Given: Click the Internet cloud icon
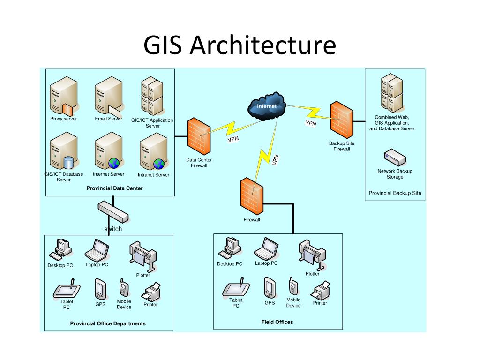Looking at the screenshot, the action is (x=267, y=106).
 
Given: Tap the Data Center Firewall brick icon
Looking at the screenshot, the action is (x=199, y=136).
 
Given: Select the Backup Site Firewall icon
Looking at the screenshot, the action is (x=342, y=120).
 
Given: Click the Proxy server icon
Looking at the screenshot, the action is (x=64, y=96).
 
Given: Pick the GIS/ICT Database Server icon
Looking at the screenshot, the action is (x=64, y=151).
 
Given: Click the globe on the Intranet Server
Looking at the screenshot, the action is (x=159, y=164).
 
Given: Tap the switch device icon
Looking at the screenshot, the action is (x=113, y=211).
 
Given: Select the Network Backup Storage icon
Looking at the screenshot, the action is (x=395, y=157).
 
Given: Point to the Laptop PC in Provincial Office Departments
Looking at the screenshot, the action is (x=97, y=250).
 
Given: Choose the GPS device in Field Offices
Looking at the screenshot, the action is (x=270, y=287).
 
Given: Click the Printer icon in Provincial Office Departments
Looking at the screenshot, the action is (x=151, y=292).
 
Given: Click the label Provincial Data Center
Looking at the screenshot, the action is (x=114, y=188).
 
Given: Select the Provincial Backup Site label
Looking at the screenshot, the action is (x=395, y=193).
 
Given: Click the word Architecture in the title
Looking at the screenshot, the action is (x=263, y=45).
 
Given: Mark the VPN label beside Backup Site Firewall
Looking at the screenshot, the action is (x=311, y=123).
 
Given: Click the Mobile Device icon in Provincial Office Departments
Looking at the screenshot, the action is (x=124, y=288).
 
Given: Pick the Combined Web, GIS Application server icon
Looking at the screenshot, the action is (x=392, y=93).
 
